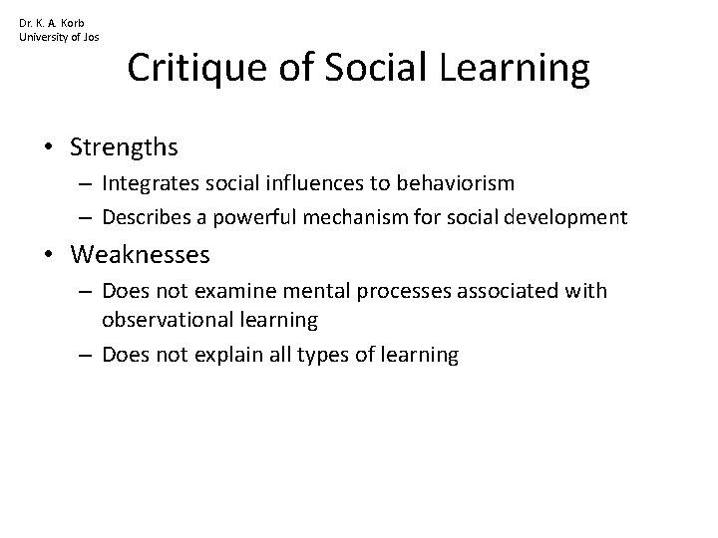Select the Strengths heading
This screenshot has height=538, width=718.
coord(125,147)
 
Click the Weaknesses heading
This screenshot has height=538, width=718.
coord(140,255)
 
